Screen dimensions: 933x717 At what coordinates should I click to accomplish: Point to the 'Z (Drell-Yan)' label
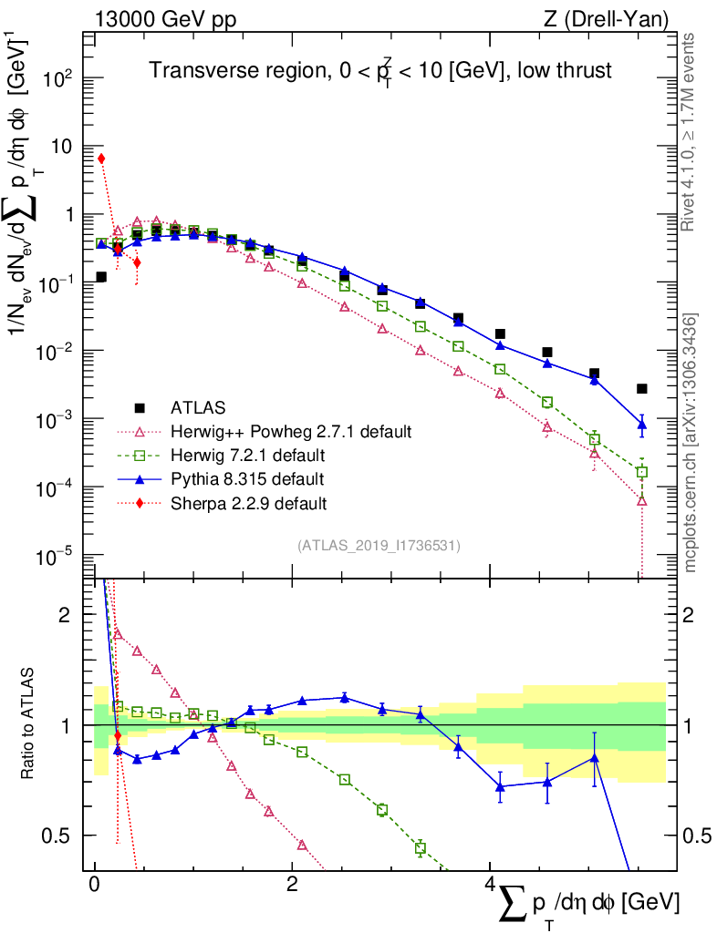coord(615,18)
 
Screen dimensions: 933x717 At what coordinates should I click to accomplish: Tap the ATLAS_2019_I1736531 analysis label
coord(379,546)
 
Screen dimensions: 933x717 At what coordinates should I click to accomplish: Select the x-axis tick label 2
coord(292,885)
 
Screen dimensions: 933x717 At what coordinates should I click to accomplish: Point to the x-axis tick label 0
coord(95,885)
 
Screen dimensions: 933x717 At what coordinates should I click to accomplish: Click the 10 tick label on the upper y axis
coord(62,147)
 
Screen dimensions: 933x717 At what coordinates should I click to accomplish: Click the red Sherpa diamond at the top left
coord(101,159)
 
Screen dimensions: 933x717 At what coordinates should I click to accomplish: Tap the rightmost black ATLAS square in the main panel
coord(642,389)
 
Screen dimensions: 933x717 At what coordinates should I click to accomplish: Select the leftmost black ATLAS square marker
coord(101,277)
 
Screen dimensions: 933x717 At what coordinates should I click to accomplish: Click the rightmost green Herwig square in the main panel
coord(642,472)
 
